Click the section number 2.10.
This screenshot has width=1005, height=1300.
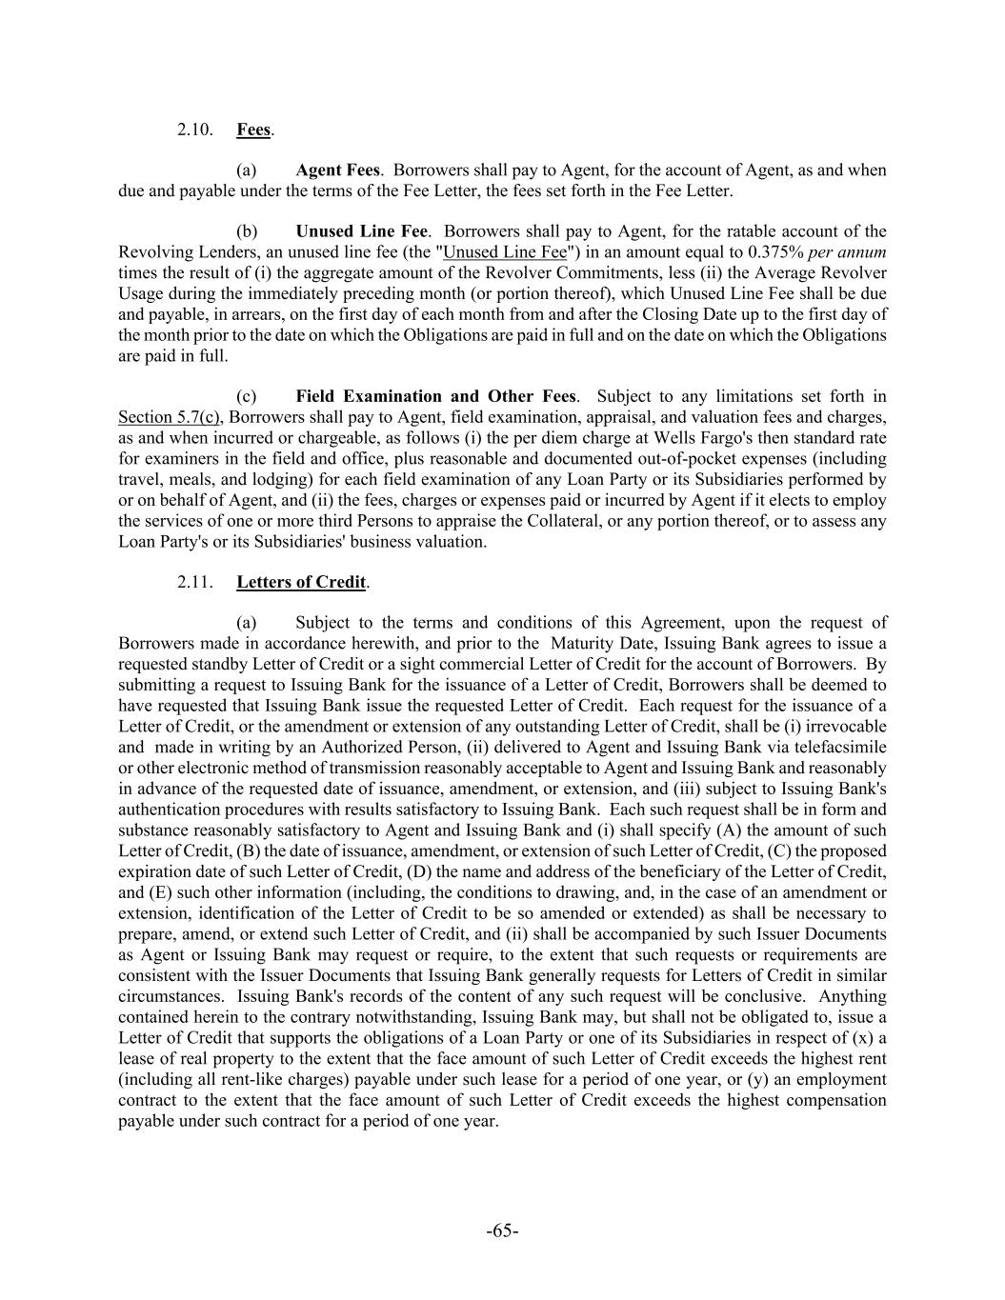point(194,130)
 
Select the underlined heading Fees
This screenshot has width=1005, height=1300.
point(253,130)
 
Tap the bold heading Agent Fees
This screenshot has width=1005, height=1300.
point(337,170)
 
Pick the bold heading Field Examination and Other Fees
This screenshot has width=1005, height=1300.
point(435,396)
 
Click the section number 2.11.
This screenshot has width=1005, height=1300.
point(194,582)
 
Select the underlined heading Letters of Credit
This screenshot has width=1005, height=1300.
point(301,582)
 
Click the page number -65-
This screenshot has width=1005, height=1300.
point(502,1231)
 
